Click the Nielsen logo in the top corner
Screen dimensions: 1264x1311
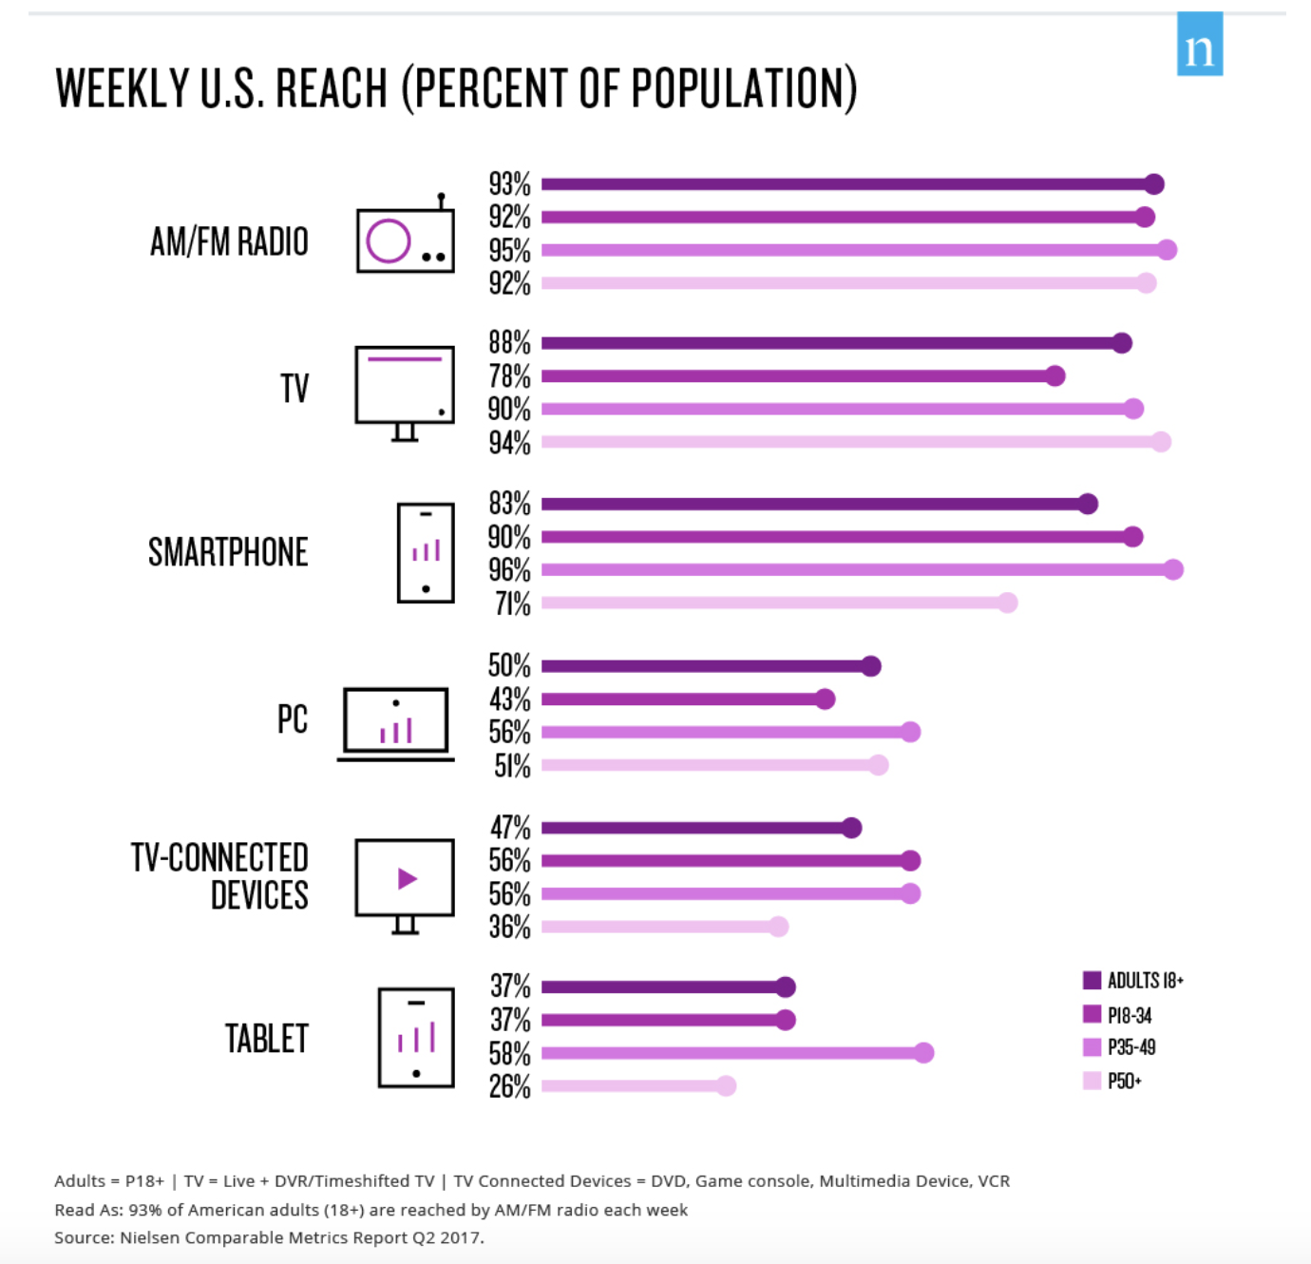tap(1199, 44)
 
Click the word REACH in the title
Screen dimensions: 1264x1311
tap(332, 89)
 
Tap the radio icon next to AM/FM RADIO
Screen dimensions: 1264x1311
tap(405, 239)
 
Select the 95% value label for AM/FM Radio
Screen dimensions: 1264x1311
tap(509, 251)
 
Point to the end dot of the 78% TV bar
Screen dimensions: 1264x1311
tap(1055, 376)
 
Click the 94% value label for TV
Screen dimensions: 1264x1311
tap(509, 443)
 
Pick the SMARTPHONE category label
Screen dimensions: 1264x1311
tap(228, 552)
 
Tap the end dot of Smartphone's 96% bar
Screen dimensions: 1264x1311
tap(1173, 569)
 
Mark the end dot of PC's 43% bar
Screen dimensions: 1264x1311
tap(826, 699)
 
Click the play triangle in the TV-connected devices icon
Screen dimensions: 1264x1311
tap(408, 878)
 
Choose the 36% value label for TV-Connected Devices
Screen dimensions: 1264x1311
tap(509, 928)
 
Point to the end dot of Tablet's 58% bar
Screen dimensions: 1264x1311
tap(924, 1053)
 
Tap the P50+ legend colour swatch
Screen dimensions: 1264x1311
tap(1092, 1081)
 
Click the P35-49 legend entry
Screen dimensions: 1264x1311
tap(1130, 1047)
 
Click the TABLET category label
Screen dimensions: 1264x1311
tap(266, 1039)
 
